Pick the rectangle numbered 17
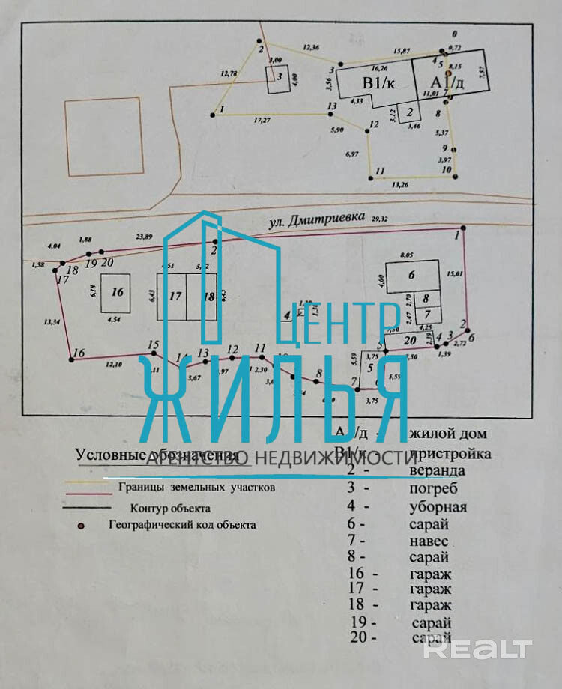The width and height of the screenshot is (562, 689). (175, 296)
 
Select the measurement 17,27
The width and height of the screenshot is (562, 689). (262, 119)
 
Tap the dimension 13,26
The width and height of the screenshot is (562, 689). (400, 184)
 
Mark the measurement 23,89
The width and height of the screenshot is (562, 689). (144, 237)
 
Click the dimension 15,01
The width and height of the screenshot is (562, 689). (455, 273)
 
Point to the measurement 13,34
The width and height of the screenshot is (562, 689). (52, 321)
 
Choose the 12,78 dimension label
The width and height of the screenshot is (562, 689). (229, 73)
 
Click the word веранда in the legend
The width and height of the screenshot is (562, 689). (438, 471)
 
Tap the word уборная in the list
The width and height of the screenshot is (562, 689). (438, 507)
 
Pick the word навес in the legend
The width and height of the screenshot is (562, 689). (429, 540)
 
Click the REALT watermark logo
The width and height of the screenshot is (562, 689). (477, 649)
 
